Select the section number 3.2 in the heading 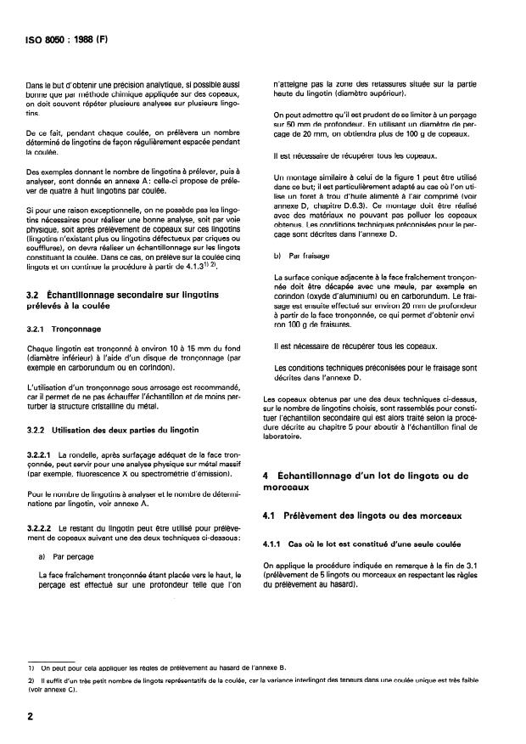35,293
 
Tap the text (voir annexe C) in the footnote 50,690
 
